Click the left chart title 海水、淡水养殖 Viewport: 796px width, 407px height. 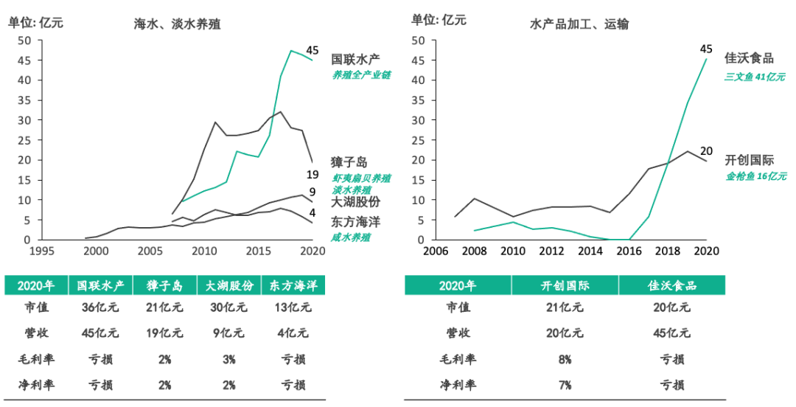(x=177, y=24)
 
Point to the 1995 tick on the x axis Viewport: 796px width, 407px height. (x=41, y=250)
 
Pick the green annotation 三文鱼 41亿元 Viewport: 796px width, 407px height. (x=755, y=77)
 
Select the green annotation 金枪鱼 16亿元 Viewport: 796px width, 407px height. (x=755, y=175)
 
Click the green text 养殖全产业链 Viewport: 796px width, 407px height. (x=360, y=75)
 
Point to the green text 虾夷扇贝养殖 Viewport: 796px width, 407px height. (x=360, y=178)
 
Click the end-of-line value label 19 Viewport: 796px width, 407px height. (x=312, y=174)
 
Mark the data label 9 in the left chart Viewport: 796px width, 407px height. (x=312, y=193)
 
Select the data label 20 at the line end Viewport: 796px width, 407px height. (x=705, y=150)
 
